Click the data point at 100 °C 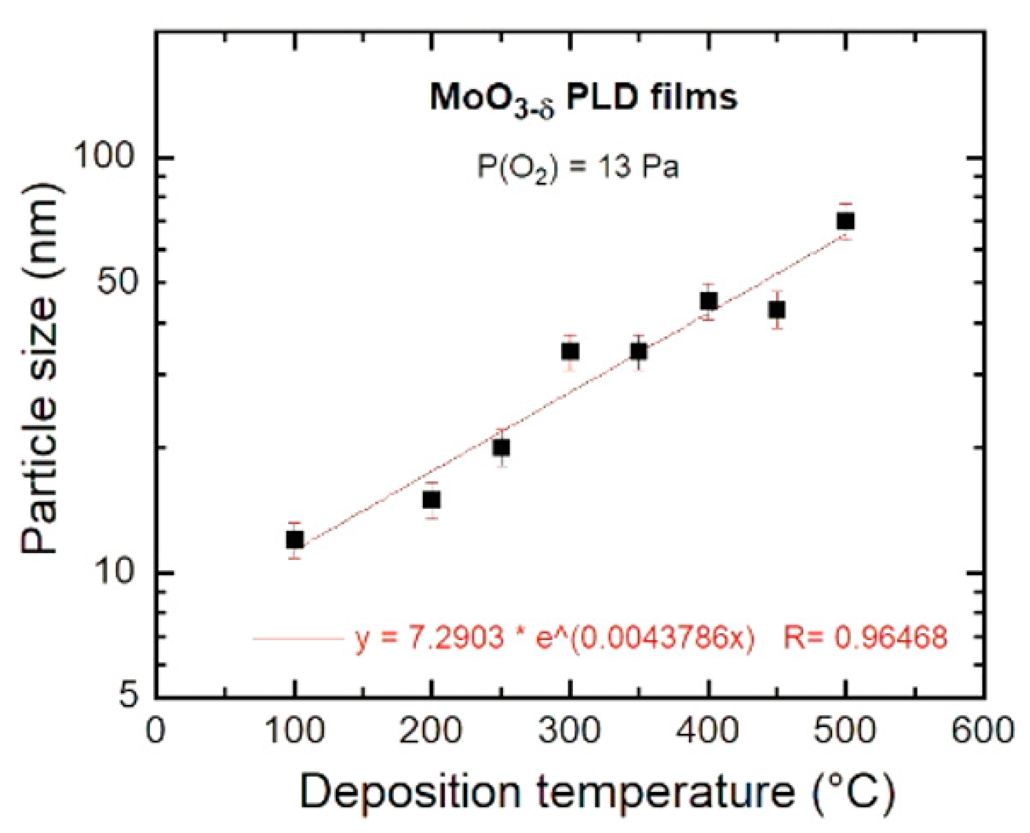coord(294,540)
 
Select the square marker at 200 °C coord(431,500)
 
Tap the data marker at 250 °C coord(501,448)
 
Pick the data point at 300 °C coord(570,352)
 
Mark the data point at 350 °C coord(639,352)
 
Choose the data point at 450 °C coord(777,310)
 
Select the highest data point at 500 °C coord(845,221)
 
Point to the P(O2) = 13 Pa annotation coord(578,168)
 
